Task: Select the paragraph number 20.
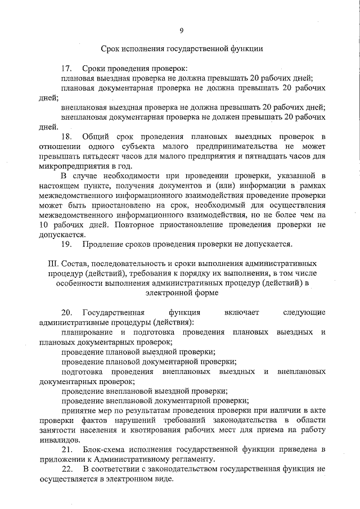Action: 66,313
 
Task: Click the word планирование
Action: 88,332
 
